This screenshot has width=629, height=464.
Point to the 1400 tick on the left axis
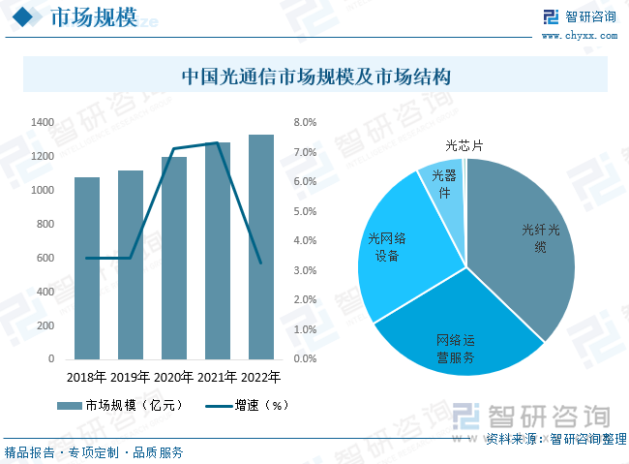43,123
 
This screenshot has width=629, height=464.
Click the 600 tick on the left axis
45,258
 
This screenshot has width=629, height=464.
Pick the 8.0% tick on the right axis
305,123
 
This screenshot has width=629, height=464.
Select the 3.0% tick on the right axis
305,270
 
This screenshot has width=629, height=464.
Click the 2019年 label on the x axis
131,377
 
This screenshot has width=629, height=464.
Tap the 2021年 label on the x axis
218,377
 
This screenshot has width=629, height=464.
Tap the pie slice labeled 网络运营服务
455,334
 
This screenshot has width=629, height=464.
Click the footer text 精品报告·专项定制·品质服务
94,451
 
